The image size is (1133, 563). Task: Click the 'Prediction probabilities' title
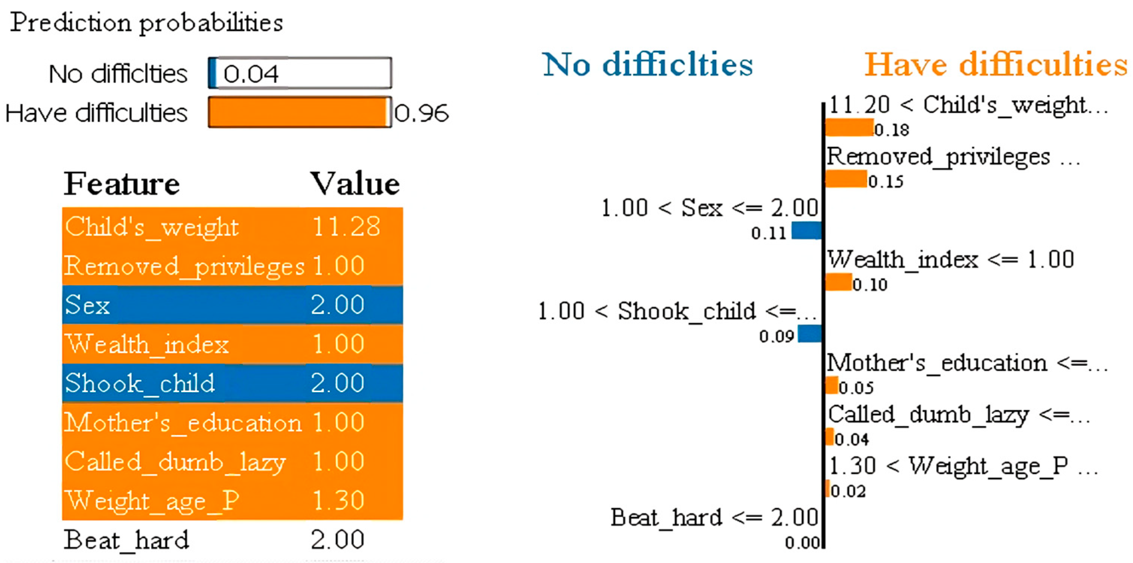click(x=146, y=23)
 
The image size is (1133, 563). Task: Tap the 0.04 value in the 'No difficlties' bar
click(x=251, y=74)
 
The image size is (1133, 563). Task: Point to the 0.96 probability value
click(x=421, y=113)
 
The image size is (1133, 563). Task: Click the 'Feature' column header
click(x=122, y=184)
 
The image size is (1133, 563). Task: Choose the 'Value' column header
click(x=355, y=184)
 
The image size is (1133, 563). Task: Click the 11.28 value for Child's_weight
click(x=346, y=227)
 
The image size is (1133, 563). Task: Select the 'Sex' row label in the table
click(x=87, y=305)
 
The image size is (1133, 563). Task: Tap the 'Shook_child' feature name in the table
click(x=140, y=383)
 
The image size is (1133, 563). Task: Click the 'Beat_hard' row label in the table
click(x=126, y=540)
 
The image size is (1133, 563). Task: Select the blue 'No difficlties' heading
click(x=648, y=65)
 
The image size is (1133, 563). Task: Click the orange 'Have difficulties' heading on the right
click(x=996, y=65)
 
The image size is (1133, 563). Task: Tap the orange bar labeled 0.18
click(x=849, y=128)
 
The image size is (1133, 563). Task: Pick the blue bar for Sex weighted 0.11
click(x=806, y=230)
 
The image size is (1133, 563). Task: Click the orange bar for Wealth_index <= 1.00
click(x=838, y=282)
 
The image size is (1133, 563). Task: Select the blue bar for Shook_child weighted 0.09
click(x=809, y=334)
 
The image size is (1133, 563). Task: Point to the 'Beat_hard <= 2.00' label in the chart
click(x=714, y=518)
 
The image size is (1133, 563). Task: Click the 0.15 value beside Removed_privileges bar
click(x=885, y=181)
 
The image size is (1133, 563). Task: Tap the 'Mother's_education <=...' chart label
click(x=967, y=364)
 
